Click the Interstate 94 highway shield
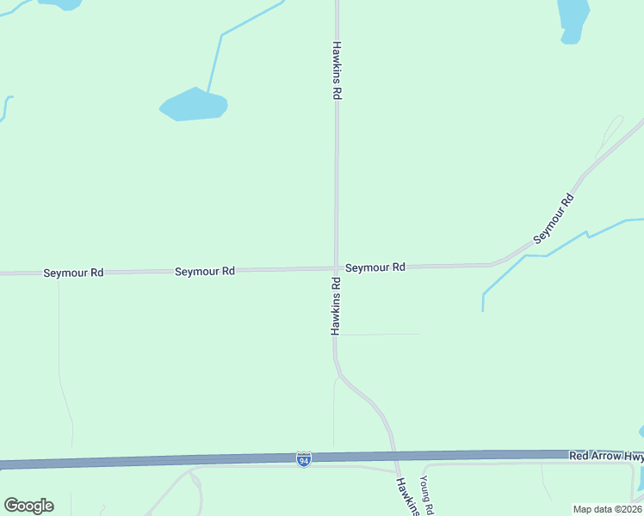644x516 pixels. click(303, 459)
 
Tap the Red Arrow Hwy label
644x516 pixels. click(606, 454)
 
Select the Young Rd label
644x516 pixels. click(426, 496)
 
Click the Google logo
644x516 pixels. click(28, 505)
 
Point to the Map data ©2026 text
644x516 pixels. click(607, 509)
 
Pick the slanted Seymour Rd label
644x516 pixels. click(554, 219)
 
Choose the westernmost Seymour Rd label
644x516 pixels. click(73, 273)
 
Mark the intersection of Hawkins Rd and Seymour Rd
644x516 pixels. click(336, 268)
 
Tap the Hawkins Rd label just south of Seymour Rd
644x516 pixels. click(337, 305)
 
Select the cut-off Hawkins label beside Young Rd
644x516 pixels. click(408, 497)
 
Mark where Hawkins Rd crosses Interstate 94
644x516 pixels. click(394, 456)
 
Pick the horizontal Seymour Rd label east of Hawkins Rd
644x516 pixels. click(375, 267)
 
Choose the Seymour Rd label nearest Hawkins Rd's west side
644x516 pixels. click(205, 271)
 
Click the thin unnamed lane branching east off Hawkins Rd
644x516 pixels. click(379, 334)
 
